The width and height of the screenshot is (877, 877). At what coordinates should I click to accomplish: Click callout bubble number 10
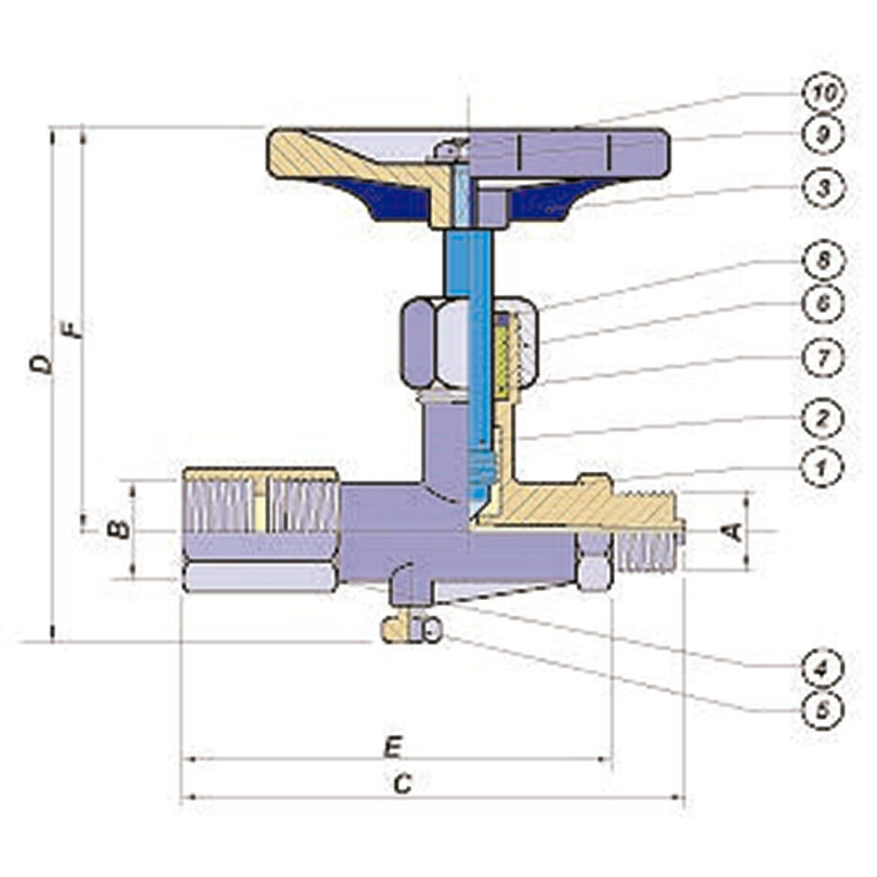(x=822, y=93)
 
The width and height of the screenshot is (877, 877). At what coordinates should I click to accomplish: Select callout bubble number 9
(x=822, y=134)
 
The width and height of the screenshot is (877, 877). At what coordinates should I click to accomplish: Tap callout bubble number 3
(x=822, y=189)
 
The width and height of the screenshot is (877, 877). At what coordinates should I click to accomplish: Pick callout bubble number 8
(x=822, y=260)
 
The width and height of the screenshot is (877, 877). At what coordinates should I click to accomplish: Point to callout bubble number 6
(x=822, y=304)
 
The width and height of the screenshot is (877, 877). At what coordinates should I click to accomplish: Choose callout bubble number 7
(x=822, y=358)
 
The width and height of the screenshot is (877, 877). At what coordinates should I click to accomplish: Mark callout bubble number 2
(x=822, y=417)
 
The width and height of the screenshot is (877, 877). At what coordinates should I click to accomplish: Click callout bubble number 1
(x=822, y=467)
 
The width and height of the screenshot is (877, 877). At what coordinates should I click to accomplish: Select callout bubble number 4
(x=822, y=667)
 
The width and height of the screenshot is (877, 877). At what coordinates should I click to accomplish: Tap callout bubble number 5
(x=822, y=712)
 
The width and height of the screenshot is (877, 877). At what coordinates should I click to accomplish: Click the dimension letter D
(x=41, y=365)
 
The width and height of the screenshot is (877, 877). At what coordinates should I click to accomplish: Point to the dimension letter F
(x=71, y=329)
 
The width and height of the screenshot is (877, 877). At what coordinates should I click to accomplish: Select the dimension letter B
(x=119, y=528)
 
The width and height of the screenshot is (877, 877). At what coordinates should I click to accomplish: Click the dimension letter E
(x=393, y=747)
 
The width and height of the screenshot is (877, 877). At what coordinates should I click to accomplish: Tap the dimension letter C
(x=402, y=784)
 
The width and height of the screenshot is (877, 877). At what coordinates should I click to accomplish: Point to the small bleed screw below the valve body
(x=412, y=631)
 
